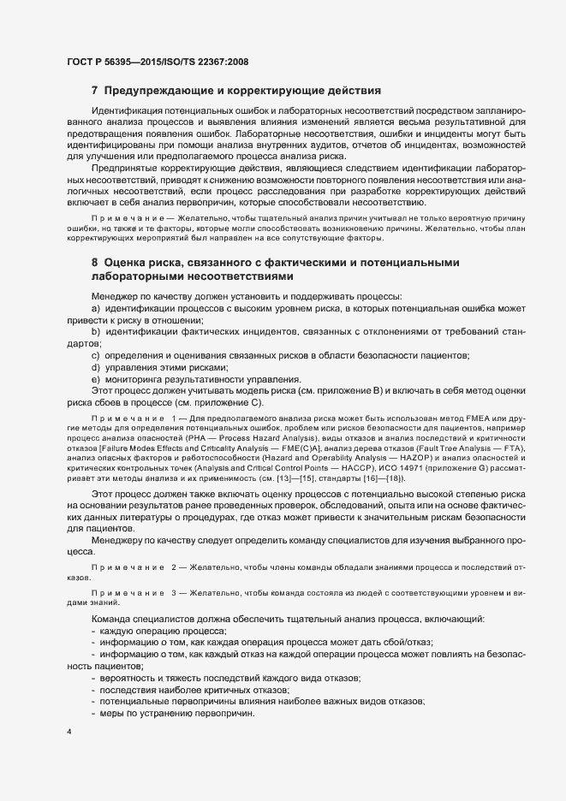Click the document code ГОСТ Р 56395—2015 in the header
(111, 62)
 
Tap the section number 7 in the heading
(95, 91)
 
